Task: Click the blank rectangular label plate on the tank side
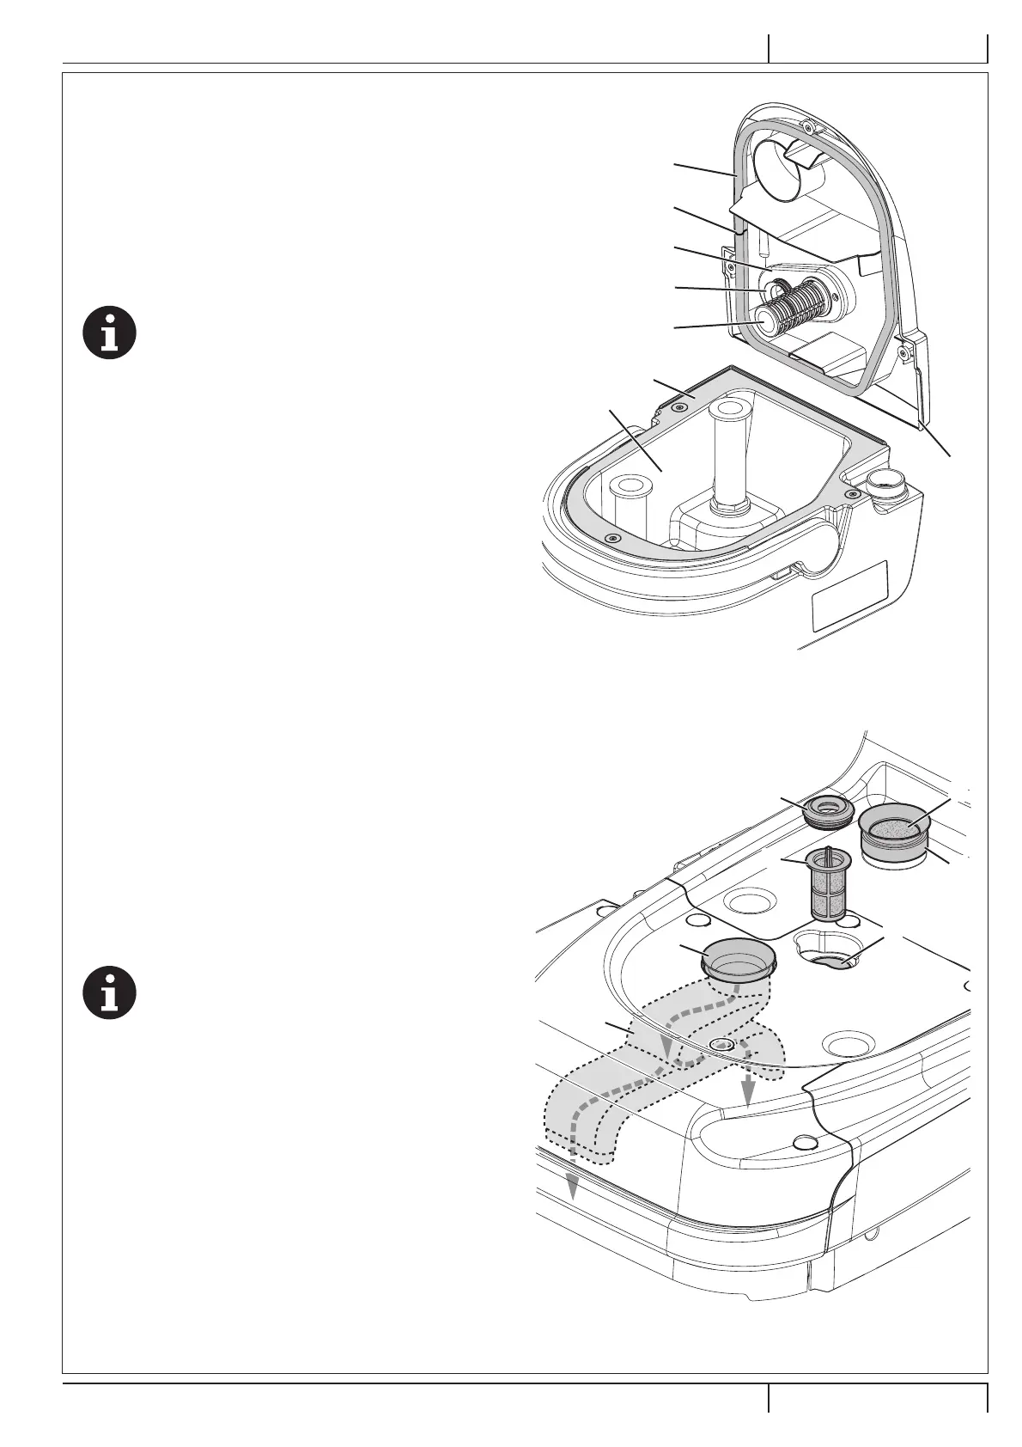849,595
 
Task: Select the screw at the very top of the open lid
807,127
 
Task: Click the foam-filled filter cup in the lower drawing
896,830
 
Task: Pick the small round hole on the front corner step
805,1141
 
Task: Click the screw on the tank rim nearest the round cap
851,493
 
